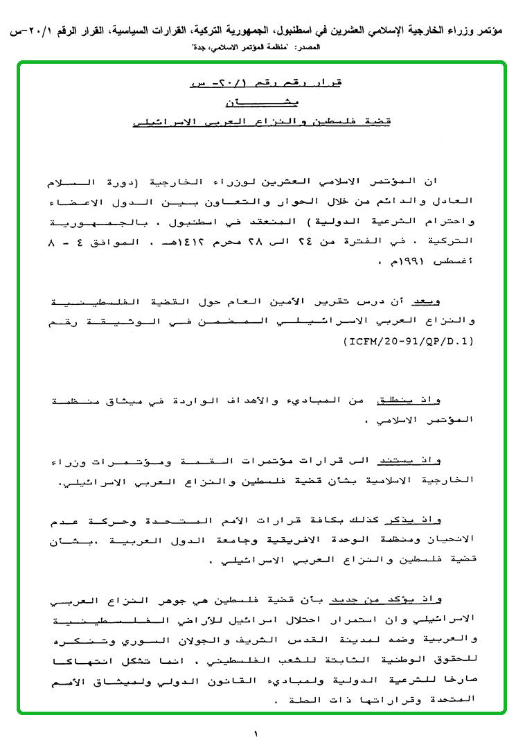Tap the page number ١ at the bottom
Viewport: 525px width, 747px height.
click(x=256, y=732)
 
